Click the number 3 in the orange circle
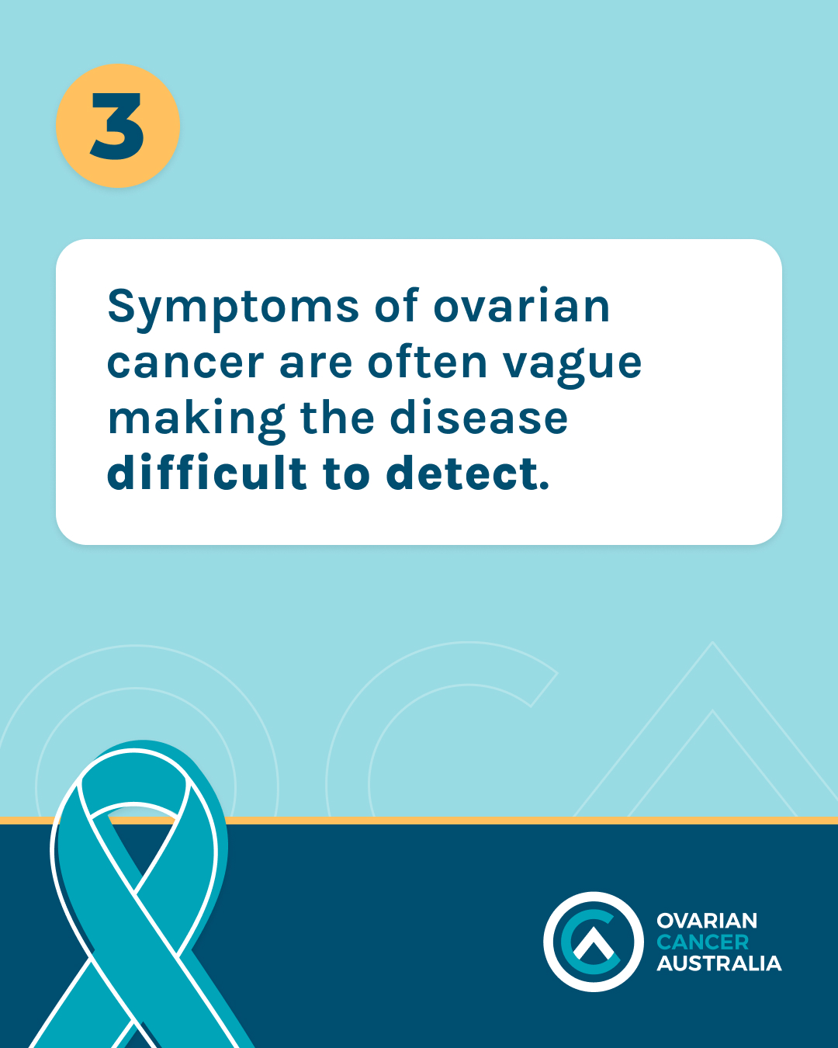pos(117,126)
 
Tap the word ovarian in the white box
pos(521,307)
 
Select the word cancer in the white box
pos(185,363)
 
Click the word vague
pos(572,366)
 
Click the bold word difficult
pos(207,472)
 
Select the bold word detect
pos(462,474)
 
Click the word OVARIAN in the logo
pos(707,921)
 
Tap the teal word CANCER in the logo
pos(703,942)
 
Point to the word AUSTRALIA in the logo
pos(719,963)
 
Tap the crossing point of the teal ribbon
pos(135,892)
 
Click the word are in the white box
pos(316,363)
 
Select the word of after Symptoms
pos(396,305)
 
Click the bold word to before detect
pos(346,474)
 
